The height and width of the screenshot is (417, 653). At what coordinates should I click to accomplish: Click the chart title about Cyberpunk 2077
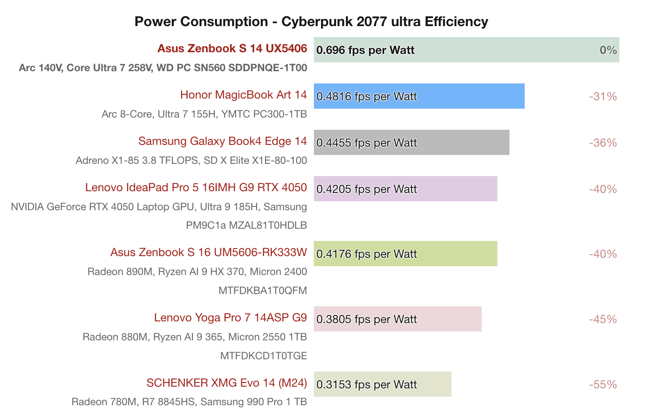coord(311,21)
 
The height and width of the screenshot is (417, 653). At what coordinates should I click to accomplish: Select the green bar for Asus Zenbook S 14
coord(466,50)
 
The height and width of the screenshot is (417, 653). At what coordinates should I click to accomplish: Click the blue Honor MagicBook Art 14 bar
coord(419,96)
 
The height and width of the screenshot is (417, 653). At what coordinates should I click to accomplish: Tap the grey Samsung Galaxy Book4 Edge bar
coord(411,142)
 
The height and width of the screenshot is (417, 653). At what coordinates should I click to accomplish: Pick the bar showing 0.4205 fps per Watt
coord(406,189)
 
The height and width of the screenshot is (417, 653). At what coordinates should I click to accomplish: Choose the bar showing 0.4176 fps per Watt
coord(406,254)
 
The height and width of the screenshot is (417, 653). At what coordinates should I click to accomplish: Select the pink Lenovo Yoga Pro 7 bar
coord(398,319)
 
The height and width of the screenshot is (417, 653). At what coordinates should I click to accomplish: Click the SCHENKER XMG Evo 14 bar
coord(382,384)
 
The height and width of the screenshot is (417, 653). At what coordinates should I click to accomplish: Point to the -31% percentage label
coord(603,96)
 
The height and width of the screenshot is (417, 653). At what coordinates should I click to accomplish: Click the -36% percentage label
coord(603,143)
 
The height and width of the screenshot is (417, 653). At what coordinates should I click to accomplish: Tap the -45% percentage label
coord(603,319)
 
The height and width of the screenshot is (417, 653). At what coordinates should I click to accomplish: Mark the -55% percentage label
coord(603,385)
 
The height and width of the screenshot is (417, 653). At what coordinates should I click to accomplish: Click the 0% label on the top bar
coord(608,50)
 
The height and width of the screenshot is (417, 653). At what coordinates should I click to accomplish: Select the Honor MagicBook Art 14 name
coord(243,95)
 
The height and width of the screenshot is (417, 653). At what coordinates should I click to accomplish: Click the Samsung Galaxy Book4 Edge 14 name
coord(223,141)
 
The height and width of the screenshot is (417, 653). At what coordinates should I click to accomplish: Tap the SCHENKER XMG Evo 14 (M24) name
coord(226,383)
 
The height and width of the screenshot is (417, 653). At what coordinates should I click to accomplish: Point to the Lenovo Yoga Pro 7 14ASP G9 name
coord(230,318)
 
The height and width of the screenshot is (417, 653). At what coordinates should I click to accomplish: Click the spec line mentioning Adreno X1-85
coord(191,160)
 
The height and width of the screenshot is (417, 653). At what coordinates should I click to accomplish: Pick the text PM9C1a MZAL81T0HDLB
coord(246,225)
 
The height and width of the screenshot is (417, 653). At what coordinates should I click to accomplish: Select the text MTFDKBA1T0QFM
coord(263,291)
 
